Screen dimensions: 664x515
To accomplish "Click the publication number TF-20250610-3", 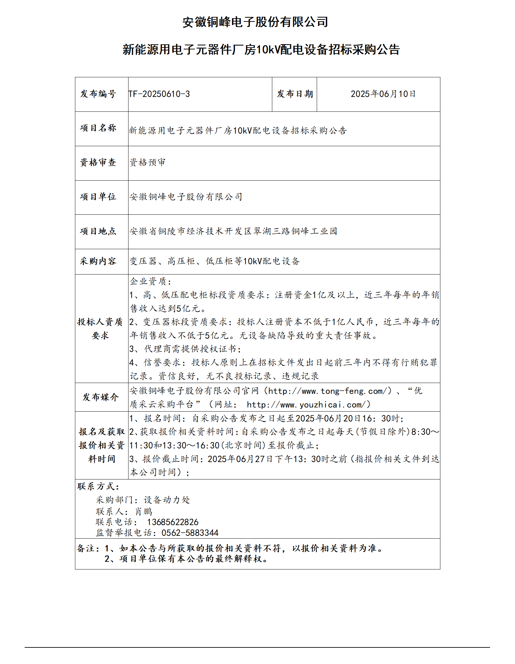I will click(159, 94).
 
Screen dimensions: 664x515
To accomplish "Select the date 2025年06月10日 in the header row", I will click(383, 94).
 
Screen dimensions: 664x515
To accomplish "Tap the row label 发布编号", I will click(98, 94).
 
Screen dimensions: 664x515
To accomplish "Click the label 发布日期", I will click(295, 94).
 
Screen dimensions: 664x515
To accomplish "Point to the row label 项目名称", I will click(98, 128).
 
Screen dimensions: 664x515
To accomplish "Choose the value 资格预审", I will click(148, 162).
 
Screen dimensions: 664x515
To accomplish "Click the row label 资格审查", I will click(98, 162).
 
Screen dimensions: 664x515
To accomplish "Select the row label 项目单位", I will click(98, 197).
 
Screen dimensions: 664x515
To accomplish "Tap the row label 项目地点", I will click(98, 231).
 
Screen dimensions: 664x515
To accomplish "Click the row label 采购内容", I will click(98, 261).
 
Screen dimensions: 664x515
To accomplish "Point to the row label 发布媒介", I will click(101, 397).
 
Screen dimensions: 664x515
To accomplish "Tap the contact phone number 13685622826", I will click(173, 522).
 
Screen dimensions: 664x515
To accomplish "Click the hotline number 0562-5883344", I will click(190, 533).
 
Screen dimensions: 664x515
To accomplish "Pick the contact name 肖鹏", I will click(144, 512).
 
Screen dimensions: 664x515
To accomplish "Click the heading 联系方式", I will click(98, 486).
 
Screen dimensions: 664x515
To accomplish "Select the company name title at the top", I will click(255, 22).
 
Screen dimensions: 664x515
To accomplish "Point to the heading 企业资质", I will click(150, 281).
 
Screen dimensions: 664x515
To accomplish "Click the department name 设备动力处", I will click(167, 500).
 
